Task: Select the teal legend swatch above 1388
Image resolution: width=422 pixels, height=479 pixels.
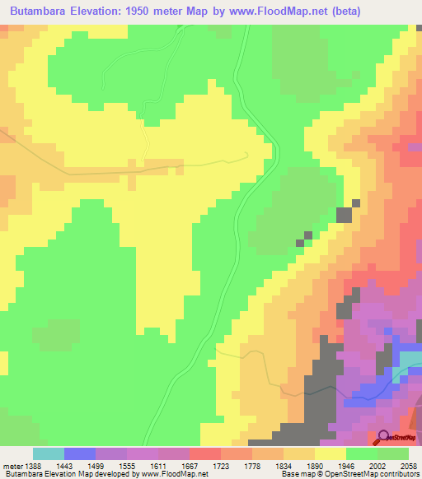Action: click(49, 453)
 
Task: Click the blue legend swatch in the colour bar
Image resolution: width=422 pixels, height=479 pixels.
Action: click(80, 453)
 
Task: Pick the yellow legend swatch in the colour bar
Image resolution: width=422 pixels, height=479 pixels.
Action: click(331, 453)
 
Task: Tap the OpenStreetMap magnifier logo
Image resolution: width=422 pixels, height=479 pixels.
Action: click(384, 437)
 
